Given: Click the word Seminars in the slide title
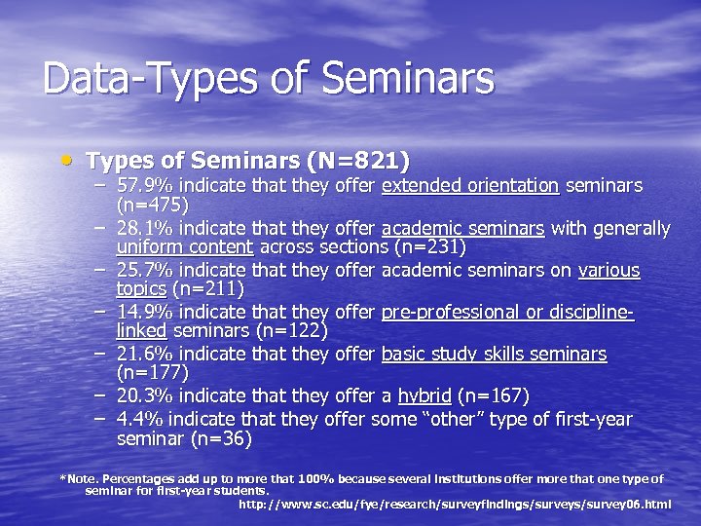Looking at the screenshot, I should pyautogui.click(x=418, y=79).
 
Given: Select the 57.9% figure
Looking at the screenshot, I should pyautogui.click(x=146, y=185).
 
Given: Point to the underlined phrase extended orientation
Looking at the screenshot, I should pyautogui.click(x=470, y=185).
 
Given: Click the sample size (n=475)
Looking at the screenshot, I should pyautogui.click(x=152, y=206).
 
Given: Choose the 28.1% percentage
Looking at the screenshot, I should pyautogui.click(x=146, y=228).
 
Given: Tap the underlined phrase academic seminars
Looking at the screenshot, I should pyautogui.click(x=462, y=228).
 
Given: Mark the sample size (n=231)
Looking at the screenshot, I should pyautogui.click(x=430, y=247).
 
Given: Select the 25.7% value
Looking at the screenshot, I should pyautogui.click(x=146, y=270).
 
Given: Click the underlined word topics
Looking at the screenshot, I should pyautogui.click(x=141, y=289).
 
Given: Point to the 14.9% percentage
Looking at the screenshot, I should pyautogui.click(x=146, y=312).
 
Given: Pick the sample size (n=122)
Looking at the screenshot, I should pyautogui.click(x=290, y=331).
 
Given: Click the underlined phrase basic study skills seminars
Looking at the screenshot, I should pyautogui.click(x=494, y=354).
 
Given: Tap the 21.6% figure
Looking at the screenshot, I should pyautogui.click(x=146, y=354).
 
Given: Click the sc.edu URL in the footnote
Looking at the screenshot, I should pyautogui.click(x=455, y=504).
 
